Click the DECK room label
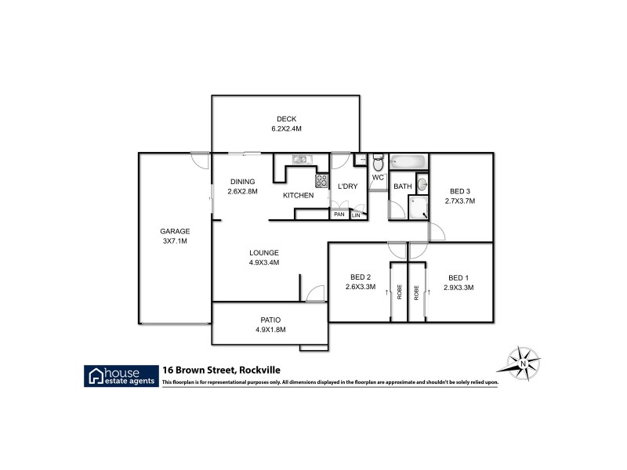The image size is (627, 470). [286, 119]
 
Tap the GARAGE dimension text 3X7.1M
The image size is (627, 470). [175, 241]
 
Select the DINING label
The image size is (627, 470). [242, 182]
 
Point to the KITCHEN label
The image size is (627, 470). [298, 195]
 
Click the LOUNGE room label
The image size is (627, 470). [264, 252]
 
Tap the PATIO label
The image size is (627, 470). [270, 320]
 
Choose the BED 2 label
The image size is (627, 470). [361, 277]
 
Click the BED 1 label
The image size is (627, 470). [458, 277]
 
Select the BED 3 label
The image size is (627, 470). [460, 191]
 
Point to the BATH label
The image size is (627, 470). [403, 186]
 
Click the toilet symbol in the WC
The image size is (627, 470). [378, 163]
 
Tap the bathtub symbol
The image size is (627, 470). [408, 163]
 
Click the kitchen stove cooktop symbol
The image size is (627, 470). [321, 181]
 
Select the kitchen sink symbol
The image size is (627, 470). [302, 160]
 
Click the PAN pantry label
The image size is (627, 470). [339, 215]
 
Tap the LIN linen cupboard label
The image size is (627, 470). [356, 215]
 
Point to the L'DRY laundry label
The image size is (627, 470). [347, 186]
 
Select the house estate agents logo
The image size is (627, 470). [120, 374]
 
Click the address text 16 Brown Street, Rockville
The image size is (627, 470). [221, 369]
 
